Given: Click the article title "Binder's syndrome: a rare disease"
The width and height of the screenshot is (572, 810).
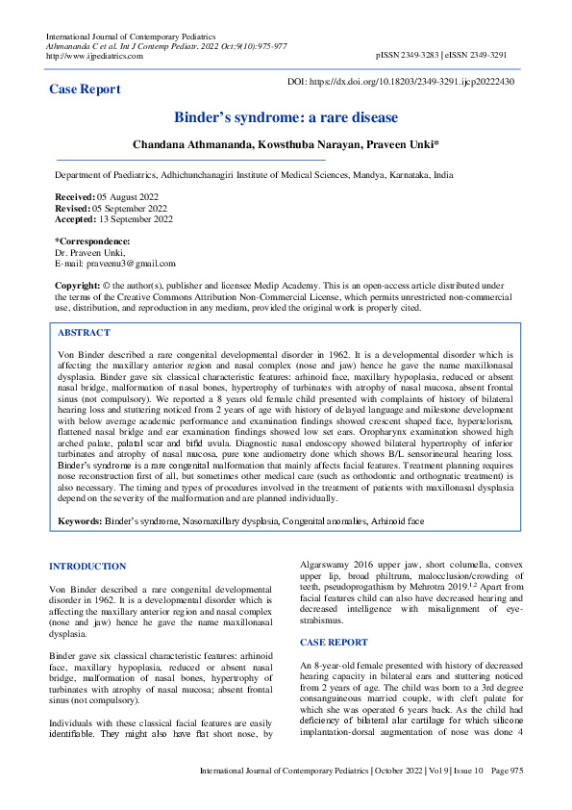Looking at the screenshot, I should (x=286, y=117).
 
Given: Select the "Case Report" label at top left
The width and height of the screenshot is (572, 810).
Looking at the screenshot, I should (x=85, y=89).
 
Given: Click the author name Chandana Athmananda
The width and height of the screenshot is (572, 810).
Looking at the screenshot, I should (x=188, y=144).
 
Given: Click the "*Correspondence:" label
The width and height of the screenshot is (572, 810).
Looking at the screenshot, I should (x=92, y=240).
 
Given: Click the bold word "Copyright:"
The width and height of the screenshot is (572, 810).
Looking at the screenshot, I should (x=78, y=286).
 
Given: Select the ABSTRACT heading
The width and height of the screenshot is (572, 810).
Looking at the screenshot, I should (x=84, y=333).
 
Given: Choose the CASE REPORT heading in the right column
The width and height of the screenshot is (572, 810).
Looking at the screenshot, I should (x=334, y=642).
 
